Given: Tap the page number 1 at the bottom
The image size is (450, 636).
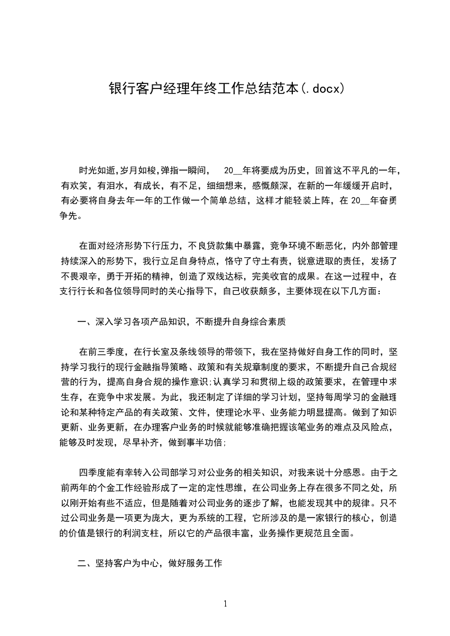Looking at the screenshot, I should pyautogui.click(x=225, y=604).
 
